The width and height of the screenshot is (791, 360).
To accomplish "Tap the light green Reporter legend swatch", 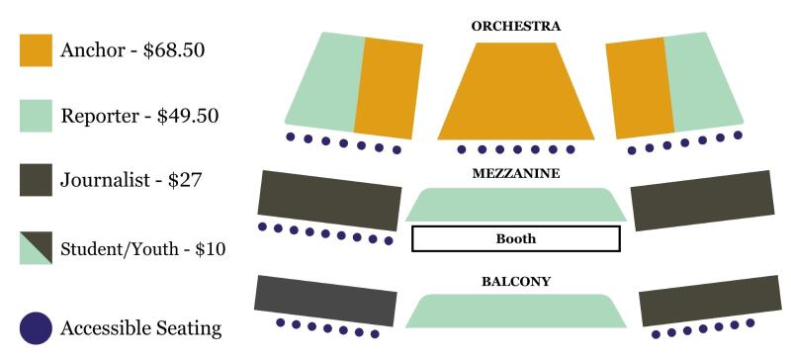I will [x=35, y=116].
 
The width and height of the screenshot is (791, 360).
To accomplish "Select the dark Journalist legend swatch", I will [x=35, y=181].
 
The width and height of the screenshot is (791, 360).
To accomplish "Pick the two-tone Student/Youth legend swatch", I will [x=35, y=247].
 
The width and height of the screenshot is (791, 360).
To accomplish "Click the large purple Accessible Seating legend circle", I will [x=36, y=328].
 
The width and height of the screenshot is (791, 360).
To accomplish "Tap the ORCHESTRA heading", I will [x=515, y=27].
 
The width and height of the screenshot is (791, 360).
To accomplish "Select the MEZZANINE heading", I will [x=515, y=173].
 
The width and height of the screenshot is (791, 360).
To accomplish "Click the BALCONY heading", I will [x=515, y=282].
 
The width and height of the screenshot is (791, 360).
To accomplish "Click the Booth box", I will [x=515, y=238].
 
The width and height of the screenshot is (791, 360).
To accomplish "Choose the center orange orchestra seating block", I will [x=515, y=94].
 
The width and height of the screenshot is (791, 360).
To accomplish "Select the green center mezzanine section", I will [x=515, y=205].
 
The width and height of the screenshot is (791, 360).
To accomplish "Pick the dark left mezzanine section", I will [x=329, y=196].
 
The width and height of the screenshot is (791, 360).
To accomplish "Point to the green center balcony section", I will [x=515, y=311].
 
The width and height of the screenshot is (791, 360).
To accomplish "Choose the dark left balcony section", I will [x=326, y=301].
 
